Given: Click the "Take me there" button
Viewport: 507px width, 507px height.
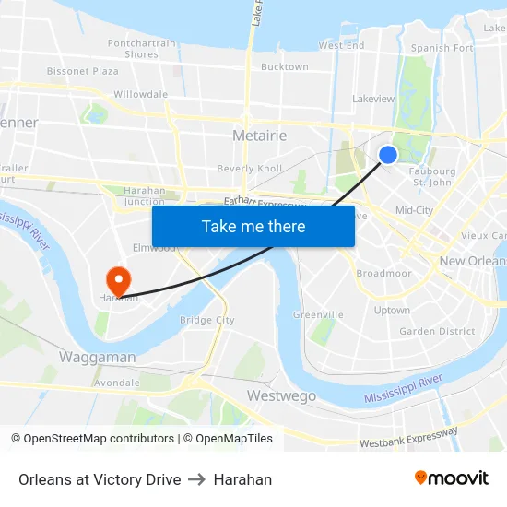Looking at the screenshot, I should (253, 226).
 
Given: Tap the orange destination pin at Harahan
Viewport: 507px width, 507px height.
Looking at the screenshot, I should (118, 278).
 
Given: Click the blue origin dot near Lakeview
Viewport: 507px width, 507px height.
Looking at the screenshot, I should (388, 155).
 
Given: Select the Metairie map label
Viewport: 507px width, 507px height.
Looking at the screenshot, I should (259, 136).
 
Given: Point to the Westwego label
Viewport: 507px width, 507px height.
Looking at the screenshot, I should (281, 395).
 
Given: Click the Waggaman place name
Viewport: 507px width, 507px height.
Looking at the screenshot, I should (97, 357).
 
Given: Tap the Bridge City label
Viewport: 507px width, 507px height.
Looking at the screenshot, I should (206, 321).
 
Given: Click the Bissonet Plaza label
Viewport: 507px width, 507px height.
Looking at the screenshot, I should (83, 71).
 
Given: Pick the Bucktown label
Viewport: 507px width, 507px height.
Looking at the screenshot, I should (285, 67).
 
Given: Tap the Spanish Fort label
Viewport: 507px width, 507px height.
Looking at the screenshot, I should (442, 48).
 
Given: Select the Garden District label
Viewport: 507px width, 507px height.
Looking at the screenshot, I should (437, 332).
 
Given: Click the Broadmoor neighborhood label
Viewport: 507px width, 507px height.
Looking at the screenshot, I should (383, 274).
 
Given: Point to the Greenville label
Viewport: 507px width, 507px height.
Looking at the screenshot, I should (318, 315).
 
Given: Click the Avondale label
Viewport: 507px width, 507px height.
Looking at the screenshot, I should (117, 383).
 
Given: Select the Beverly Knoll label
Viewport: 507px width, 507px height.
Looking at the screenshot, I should (249, 169).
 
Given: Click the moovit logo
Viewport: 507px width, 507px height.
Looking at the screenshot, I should (452, 478).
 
